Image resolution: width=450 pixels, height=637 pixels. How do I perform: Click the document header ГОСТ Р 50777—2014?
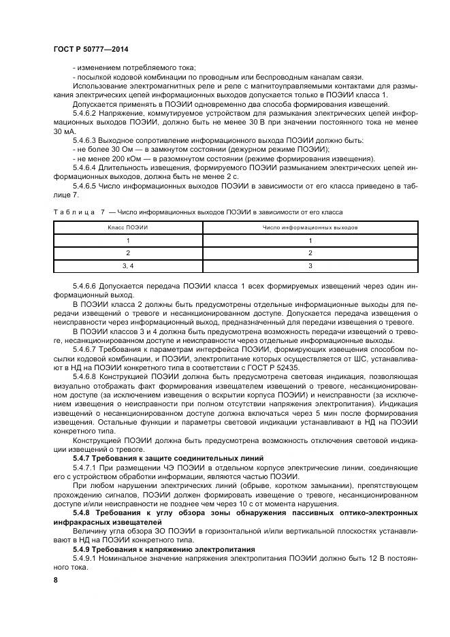[x=91, y=50]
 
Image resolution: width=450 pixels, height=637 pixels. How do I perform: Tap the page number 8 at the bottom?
[x=56, y=579]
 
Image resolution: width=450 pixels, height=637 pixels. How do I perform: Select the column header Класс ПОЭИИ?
[x=127, y=227]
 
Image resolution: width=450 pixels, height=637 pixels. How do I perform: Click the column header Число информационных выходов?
[x=310, y=227]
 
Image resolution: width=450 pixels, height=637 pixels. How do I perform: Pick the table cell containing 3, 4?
[x=127, y=265]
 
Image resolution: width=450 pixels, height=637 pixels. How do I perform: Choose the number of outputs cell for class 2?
[x=310, y=252]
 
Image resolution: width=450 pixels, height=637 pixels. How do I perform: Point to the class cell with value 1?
[x=127, y=240]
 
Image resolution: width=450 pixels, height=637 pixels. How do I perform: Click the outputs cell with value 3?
[x=310, y=265]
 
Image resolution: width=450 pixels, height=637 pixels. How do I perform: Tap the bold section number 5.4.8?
[x=84, y=510]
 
